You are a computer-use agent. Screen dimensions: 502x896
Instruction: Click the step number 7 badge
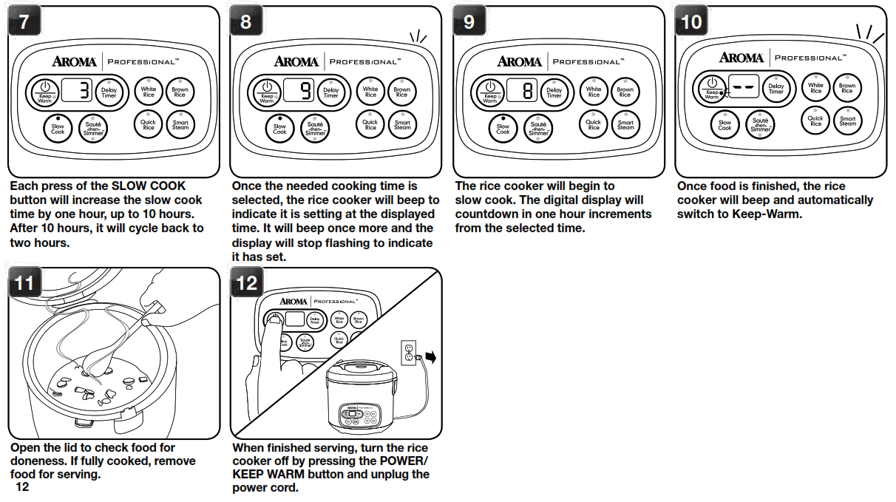tap(24, 21)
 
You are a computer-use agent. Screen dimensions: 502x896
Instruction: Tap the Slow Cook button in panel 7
tap(58, 127)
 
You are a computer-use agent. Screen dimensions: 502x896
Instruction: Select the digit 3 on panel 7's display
tap(84, 91)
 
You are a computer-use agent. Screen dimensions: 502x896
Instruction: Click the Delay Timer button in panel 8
tap(330, 92)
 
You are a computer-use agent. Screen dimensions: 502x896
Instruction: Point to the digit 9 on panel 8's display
tap(306, 91)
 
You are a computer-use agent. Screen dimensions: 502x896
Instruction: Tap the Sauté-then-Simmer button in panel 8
tap(316, 128)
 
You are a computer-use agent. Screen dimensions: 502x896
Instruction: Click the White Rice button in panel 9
tap(594, 92)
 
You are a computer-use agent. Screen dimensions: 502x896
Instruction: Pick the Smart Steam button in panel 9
tap(625, 125)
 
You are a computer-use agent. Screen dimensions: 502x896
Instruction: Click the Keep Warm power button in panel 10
tap(712, 88)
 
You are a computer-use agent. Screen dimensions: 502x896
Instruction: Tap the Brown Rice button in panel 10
tap(847, 88)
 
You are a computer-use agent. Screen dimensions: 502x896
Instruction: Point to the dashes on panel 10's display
tap(743, 87)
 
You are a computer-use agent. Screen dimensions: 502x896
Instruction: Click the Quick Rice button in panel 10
tap(815, 121)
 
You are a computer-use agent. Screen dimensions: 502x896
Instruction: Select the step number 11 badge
tap(24, 284)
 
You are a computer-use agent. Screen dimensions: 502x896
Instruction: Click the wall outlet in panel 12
tap(408, 353)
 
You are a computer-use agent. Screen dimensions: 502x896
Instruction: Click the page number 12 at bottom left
tap(21, 487)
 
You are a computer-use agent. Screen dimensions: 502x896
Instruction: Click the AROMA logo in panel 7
tap(72, 61)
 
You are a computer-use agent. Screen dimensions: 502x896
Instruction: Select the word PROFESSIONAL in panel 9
tap(588, 61)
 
